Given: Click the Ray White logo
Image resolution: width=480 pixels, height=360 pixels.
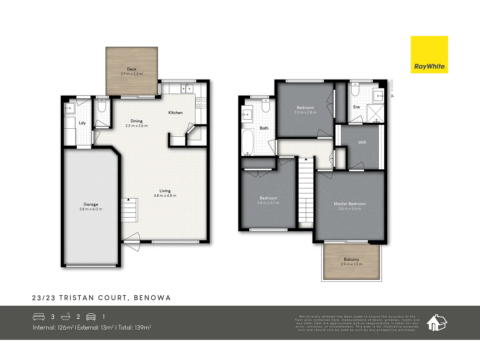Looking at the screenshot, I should [x=429, y=55].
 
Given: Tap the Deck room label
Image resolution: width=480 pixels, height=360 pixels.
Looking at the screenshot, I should [x=132, y=69].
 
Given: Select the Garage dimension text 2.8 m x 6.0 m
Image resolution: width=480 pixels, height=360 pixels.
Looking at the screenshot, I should [x=91, y=209].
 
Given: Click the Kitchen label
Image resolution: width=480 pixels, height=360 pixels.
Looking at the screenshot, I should [x=175, y=113].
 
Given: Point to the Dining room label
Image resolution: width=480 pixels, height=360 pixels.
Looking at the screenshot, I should [x=136, y=121].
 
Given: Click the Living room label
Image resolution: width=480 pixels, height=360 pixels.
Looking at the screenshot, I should [x=165, y=191].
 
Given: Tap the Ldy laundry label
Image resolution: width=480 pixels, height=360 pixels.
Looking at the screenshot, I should [x=82, y=123].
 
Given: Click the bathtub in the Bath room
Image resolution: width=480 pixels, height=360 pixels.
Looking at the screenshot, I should [x=248, y=143].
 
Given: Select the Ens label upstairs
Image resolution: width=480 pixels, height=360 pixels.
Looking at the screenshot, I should [x=356, y=107].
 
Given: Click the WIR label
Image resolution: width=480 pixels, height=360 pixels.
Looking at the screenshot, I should [x=362, y=142].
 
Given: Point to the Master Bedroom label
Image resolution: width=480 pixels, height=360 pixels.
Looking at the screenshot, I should [x=350, y=204].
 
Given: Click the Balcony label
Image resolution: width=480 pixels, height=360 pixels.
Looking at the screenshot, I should [x=351, y=259].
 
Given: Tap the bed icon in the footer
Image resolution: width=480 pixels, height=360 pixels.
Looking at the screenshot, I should [x=39, y=317].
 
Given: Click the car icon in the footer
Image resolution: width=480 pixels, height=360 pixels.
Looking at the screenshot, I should [x=91, y=317].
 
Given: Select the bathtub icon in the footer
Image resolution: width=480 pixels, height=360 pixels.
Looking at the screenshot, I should [x=65, y=317].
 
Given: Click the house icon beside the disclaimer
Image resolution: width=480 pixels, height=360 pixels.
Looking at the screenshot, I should [x=437, y=323].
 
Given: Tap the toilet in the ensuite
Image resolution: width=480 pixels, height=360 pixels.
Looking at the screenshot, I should [x=355, y=90].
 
